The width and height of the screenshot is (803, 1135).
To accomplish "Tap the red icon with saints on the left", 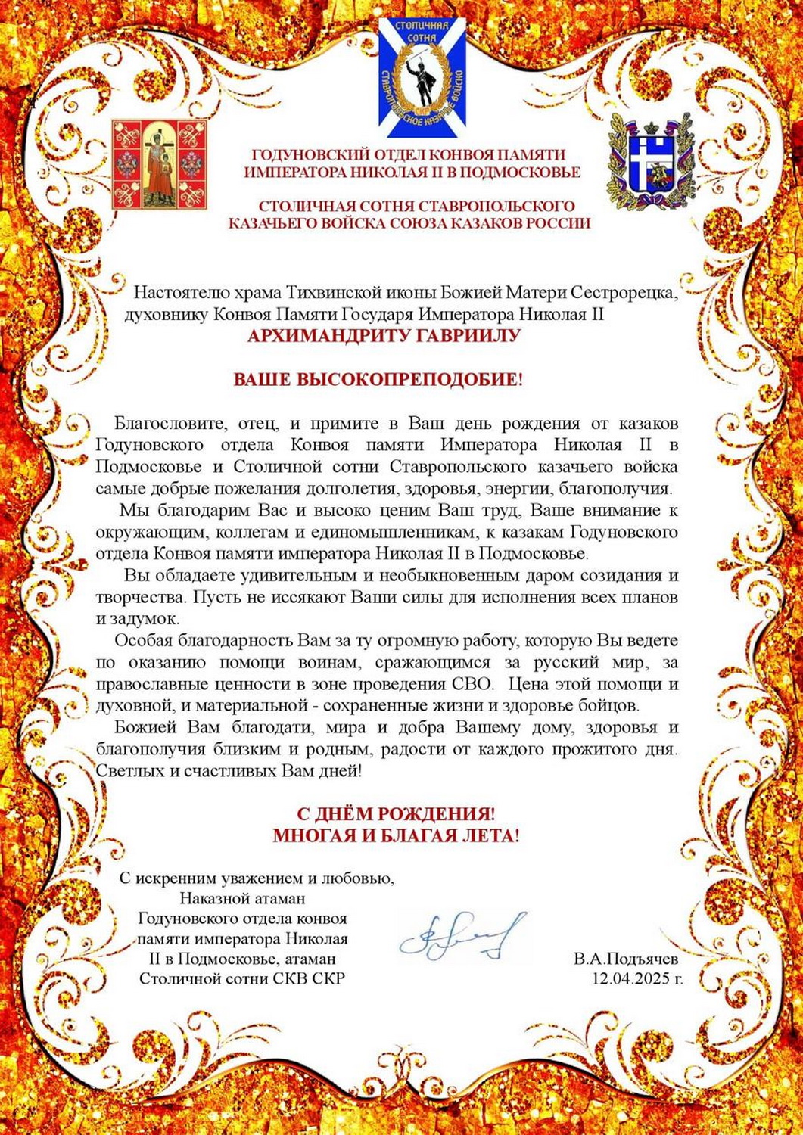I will pos(160,163).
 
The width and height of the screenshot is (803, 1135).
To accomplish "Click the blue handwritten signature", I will pos(462,934).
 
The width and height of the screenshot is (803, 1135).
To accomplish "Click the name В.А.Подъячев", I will pos(626,959).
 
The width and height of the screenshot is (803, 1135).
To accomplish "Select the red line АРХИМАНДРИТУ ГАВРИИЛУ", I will pos(384,335).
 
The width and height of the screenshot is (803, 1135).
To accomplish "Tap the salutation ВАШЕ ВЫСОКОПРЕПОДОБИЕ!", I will pos(378,379).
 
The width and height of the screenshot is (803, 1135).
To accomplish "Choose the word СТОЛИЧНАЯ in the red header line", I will pos(296,206).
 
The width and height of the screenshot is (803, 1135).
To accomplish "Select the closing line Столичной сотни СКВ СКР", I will pos(242,979).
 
